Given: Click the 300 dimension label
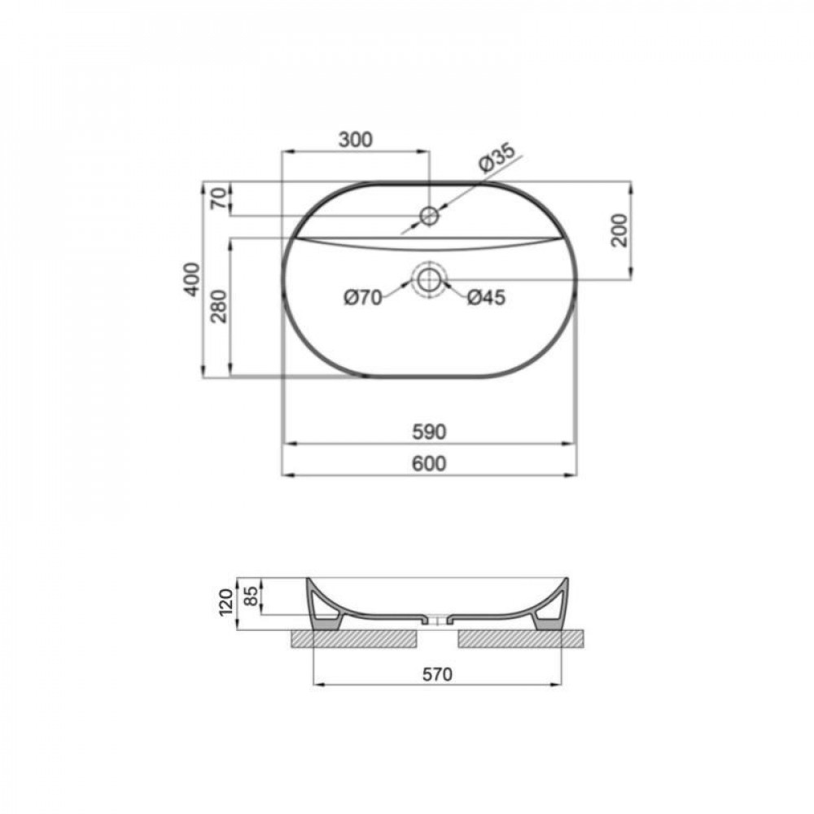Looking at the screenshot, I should [x=356, y=140].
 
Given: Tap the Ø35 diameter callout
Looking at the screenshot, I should [x=496, y=158].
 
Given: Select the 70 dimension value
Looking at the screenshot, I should [x=217, y=199].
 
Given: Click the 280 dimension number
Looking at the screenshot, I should [x=218, y=306].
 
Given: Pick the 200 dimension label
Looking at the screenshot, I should [x=618, y=230].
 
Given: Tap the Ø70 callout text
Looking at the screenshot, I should [x=362, y=298].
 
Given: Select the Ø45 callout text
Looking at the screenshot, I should [x=486, y=298].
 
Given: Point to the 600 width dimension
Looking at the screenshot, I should [x=429, y=463].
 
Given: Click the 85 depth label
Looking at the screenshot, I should [x=252, y=596].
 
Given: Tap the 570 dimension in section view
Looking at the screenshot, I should [x=437, y=674].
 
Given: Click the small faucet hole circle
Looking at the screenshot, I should [x=429, y=216].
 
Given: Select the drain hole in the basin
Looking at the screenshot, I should [x=429, y=281].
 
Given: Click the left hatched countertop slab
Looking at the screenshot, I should [x=355, y=639].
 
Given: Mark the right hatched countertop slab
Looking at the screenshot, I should [x=521, y=639].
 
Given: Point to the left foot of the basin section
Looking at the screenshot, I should [x=325, y=620].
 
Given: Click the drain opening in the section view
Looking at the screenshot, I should [x=438, y=621].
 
